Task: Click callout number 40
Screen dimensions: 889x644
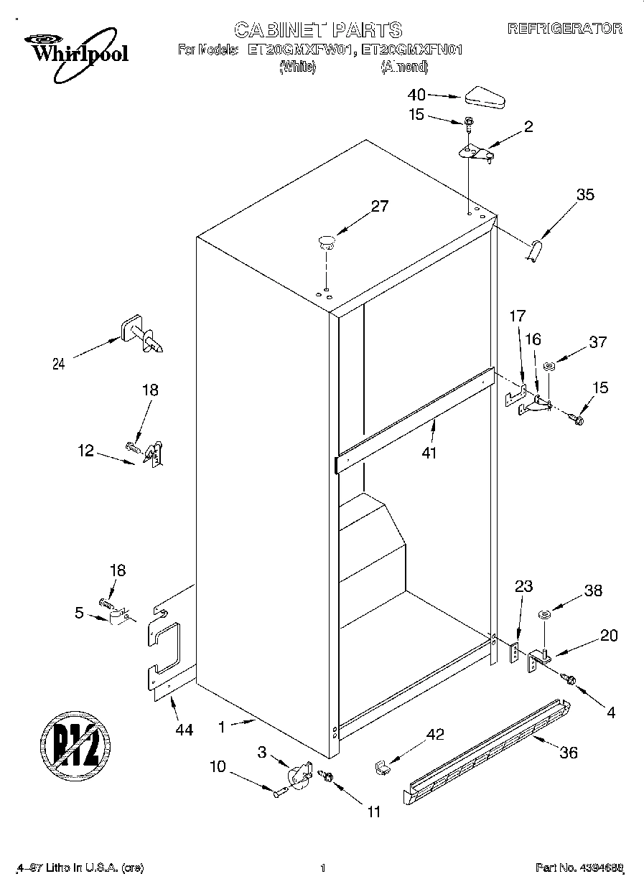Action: pyautogui.click(x=416, y=94)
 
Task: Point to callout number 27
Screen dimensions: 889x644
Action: pyautogui.click(x=379, y=207)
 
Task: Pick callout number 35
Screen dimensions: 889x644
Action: pyautogui.click(x=585, y=194)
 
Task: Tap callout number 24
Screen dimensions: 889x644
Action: pyautogui.click(x=58, y=364)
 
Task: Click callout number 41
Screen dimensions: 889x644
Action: pyautogui.click(x=430, y=453)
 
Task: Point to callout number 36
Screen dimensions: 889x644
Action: pyautogui.click(x=568, y=753)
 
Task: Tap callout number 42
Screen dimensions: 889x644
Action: pyautogui.click(x=435, y=734)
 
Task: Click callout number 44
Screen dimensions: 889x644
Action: pyautogui.click(x=184, y=730)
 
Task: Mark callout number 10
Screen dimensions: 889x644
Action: pyautogui.click(x=217, y=766)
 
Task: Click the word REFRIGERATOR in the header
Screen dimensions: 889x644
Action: pyautogui.click(x=564, y=29)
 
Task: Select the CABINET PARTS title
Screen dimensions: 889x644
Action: pyautogui.click(x=318, y=29)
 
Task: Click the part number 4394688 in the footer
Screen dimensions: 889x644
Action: pyautogui.click(x=579, y=869)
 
